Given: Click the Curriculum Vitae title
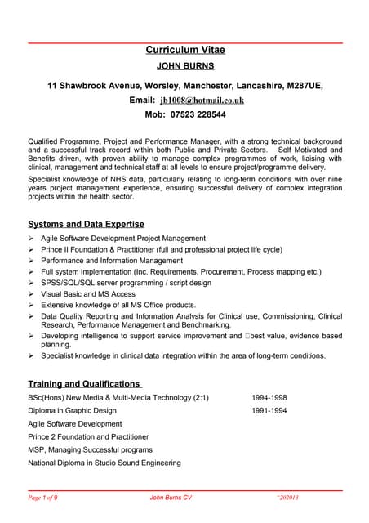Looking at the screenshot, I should click(184, 51).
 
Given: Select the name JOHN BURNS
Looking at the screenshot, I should click(184, 68).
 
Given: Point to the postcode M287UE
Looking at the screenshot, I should click(301, 85).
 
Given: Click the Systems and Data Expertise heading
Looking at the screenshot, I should click(86, 224).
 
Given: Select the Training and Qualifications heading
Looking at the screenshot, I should click(84, 383).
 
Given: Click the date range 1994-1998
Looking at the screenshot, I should click(269, 398).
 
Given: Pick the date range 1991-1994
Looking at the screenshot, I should click(269, 411).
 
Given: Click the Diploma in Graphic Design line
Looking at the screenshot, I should click(72, 411).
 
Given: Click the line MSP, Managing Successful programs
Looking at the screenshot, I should click(90, 450).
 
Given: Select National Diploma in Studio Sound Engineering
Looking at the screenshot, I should click(104, 463).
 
